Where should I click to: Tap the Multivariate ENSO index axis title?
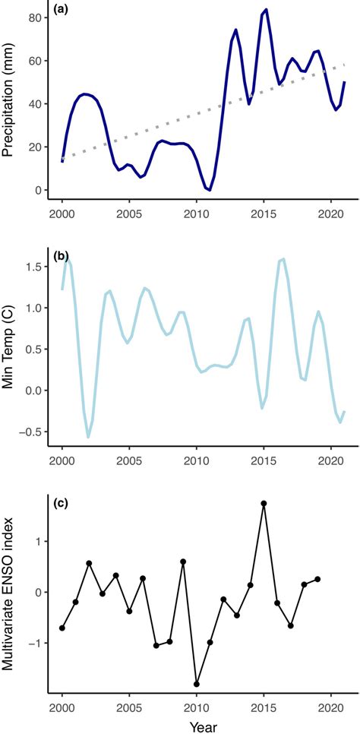(11, 590)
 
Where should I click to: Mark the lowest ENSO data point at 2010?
(196, 684)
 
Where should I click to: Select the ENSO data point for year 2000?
(62, 628)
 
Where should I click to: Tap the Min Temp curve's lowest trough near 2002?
(88, 437)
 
